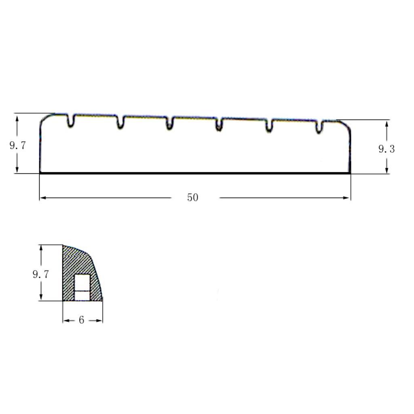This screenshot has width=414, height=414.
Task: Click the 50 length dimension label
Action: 192,197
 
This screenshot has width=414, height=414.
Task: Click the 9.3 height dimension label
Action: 387,149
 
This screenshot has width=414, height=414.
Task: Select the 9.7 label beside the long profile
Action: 18,146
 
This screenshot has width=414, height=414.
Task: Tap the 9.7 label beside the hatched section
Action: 41,275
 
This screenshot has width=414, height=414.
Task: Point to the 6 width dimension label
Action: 81,320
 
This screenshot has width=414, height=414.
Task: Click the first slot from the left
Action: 70,120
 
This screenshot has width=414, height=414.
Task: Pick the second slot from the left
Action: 120,122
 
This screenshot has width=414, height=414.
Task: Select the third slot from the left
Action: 170,123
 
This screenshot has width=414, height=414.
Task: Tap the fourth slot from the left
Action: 219,125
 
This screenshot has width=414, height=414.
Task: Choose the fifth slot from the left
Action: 269,126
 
